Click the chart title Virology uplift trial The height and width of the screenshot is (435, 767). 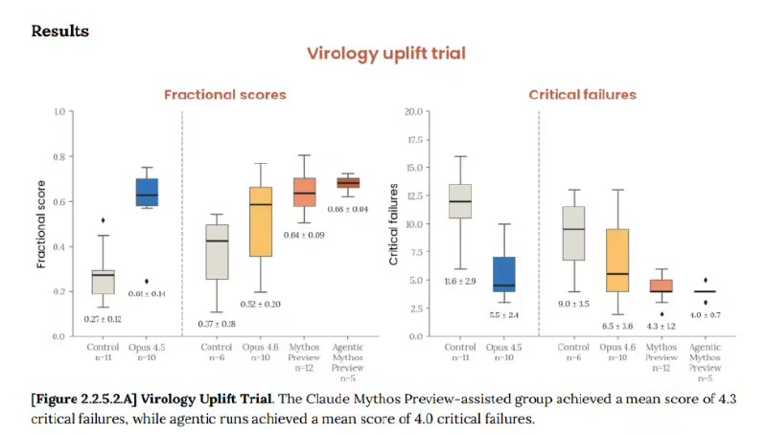point(385,53)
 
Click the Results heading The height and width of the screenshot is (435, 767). point(60,31)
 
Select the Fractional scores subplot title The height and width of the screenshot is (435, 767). point(224,95)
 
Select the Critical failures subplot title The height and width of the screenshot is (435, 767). point(582,95)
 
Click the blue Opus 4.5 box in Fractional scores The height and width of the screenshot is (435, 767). point(147,192)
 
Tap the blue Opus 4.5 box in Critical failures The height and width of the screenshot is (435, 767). point(504,273)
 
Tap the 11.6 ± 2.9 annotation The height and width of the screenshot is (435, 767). point(459,281)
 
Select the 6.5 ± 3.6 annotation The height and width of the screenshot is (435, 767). point(617,327)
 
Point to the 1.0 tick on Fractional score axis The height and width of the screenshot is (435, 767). point(58,112)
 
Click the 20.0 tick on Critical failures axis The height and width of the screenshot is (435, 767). point(414,112)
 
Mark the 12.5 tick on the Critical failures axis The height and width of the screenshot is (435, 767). point(414,196)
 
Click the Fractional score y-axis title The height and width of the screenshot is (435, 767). point(41,224)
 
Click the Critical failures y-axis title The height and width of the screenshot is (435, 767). point(393,224)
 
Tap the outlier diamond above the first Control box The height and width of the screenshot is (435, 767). point(103,220)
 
